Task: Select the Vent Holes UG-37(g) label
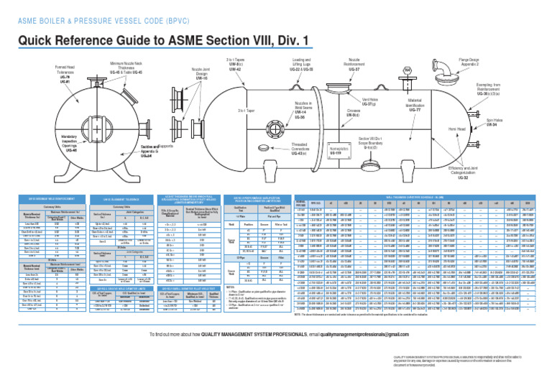(x=371, y=101)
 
